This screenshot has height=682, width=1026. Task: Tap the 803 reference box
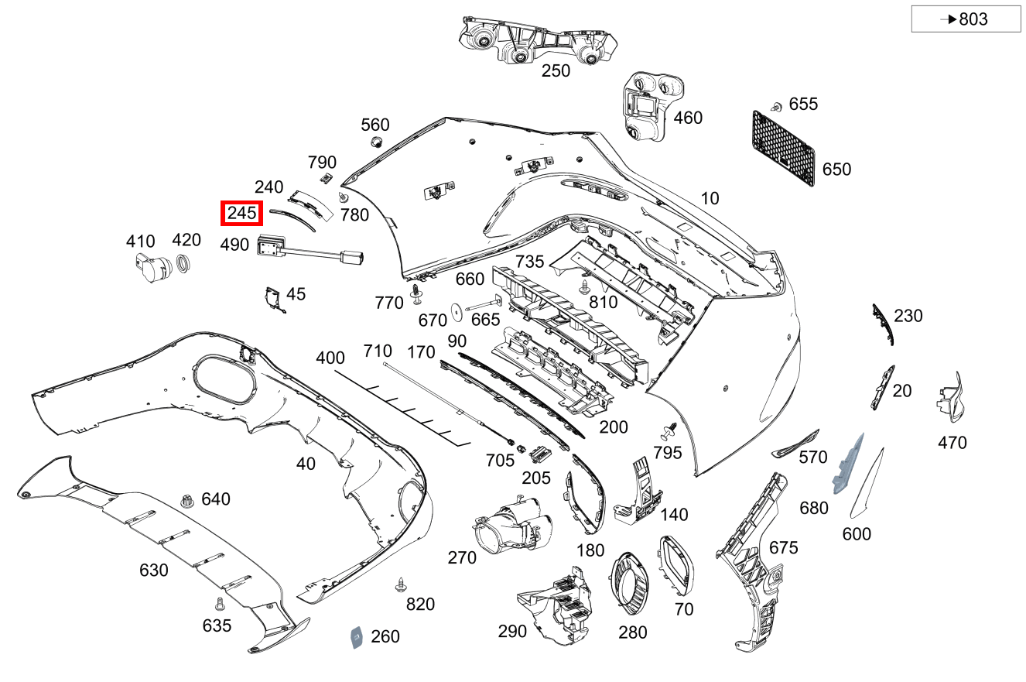pyautogui.click(x=966, y=19)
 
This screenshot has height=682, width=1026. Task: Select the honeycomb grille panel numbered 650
pyautogui.click(x=783, y=149)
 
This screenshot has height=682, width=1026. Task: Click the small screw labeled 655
pyautogui.click(x=775, y=106)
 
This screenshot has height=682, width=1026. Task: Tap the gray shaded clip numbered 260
pyautogui.click(x=357, y=637)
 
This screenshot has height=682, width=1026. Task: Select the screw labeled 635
pyautogui.click(x=219, y=602)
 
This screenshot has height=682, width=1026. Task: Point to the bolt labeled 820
pyautogui.click(x=401, y=584)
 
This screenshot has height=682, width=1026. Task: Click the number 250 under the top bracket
pyautogui.click(x=555, y=71)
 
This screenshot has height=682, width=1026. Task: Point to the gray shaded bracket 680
pyautogui.click(x=847, y=464)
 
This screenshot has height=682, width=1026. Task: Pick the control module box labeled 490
pyautogui.click(x=271, y=245)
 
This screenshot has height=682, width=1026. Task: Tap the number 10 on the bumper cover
pyautogui.click(x=709, y=198)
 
